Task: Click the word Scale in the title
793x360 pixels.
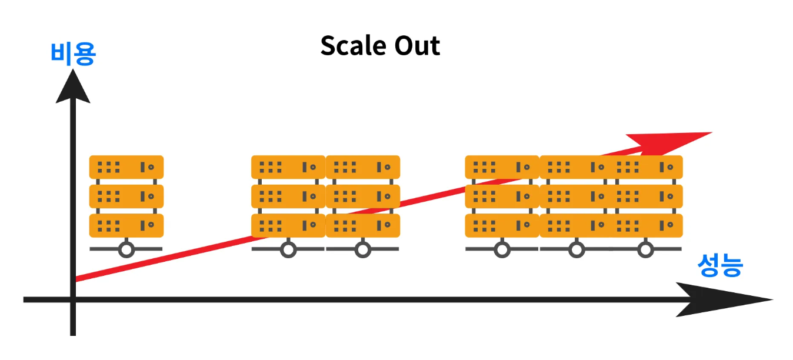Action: coord(351,46)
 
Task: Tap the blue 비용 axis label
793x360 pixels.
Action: coord(73,55)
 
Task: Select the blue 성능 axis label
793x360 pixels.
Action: coord(720,266)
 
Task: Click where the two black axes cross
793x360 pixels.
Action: coord(72,300)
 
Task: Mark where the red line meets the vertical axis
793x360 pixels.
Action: coord(74,278)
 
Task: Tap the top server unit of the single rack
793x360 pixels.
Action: coord(126,167)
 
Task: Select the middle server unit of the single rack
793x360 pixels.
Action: coord(126,196)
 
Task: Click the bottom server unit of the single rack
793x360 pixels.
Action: coord(126,225)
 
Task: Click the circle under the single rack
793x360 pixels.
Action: coord(126,249)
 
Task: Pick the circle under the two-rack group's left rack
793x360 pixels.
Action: coord(288,249)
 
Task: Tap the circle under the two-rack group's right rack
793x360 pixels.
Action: coord(363,249)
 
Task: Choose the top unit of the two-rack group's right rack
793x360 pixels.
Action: coord(363,167)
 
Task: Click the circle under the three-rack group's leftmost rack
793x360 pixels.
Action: coord(502,249)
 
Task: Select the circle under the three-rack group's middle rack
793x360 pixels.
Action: coord(577,249)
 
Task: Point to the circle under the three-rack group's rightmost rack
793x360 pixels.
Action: coord(646,249)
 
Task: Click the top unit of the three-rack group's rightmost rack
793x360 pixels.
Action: coord(648,167)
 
